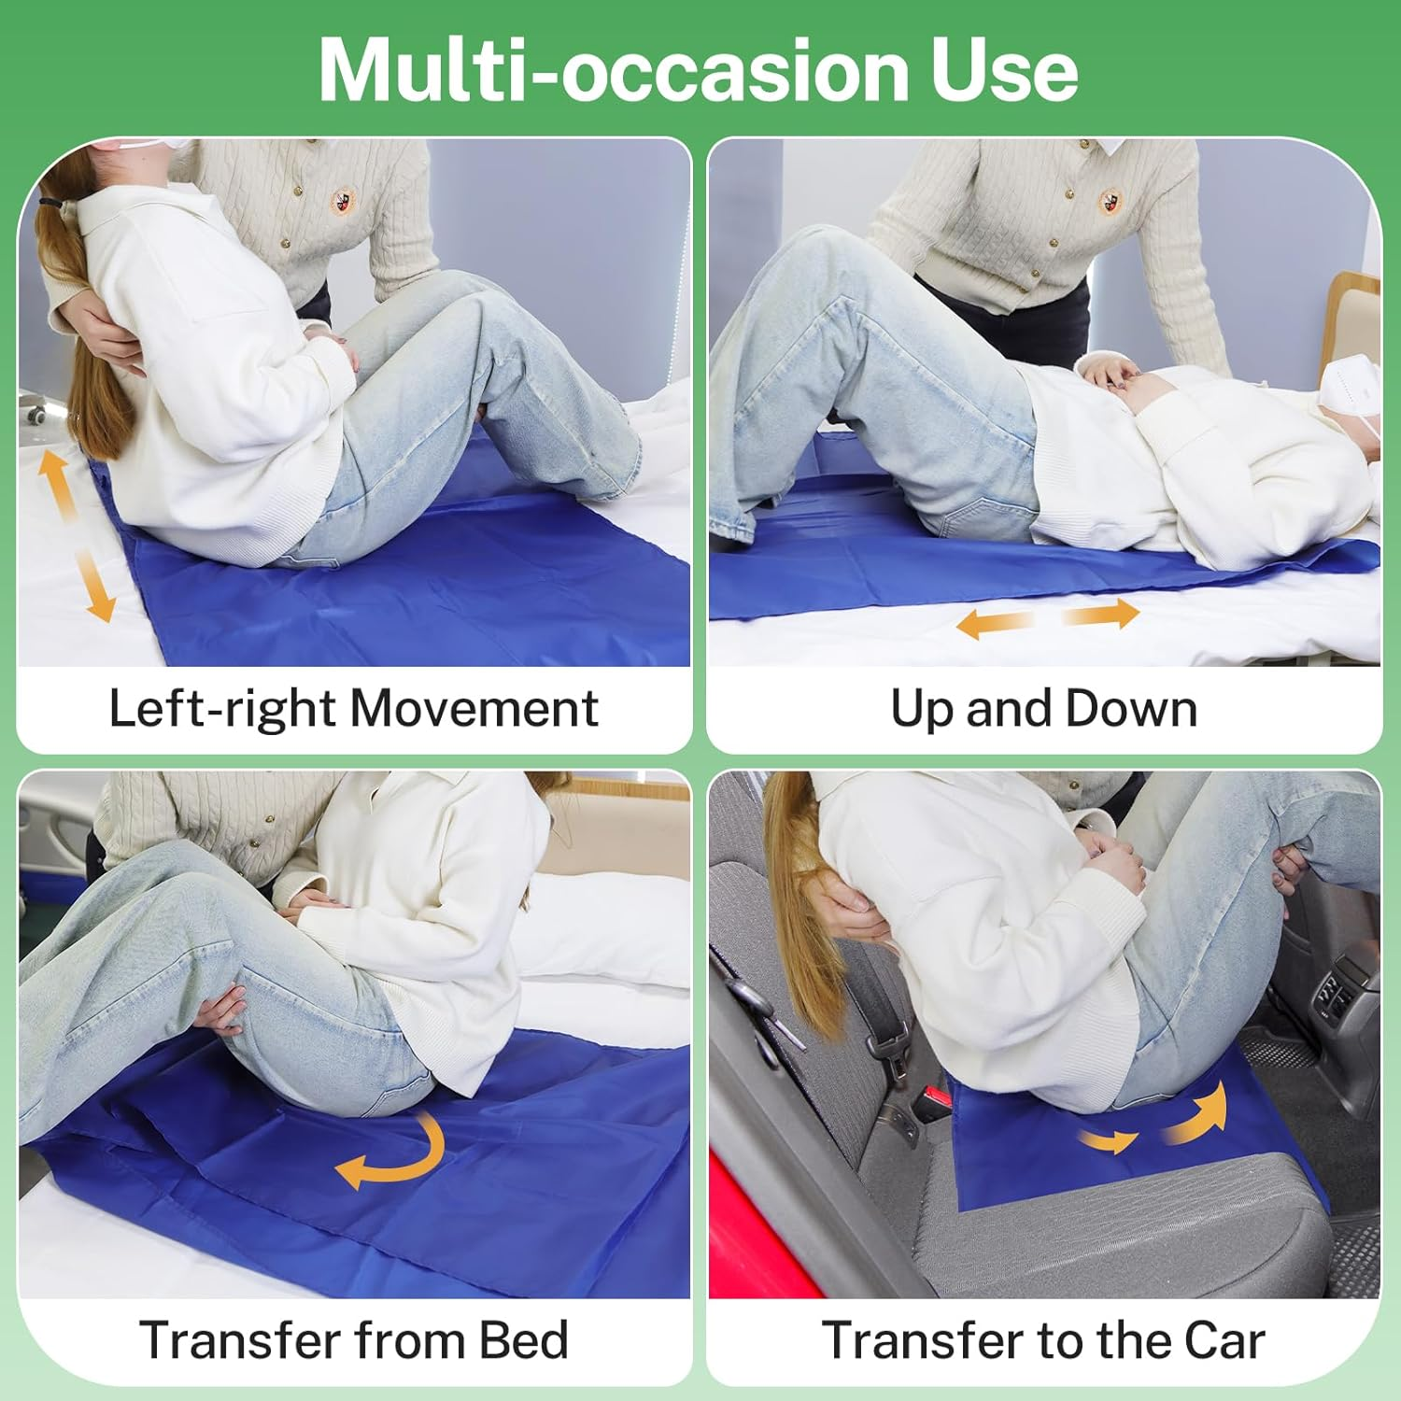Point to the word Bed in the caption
tap(523, 1340)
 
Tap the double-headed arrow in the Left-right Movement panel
tap(76, 534)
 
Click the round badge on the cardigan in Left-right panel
tap(344, 200)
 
